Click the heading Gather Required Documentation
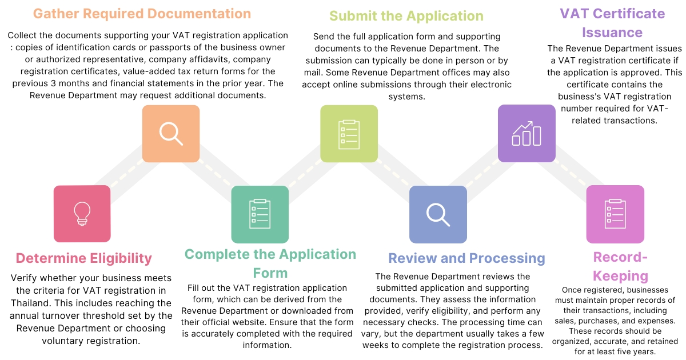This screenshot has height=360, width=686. pyautogui.click(x=142, y=14)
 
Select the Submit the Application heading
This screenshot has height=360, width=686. pyautogui.click(x=406, y=15)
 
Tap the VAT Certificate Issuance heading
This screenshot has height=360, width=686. pyautogui.click(x=612, y=23)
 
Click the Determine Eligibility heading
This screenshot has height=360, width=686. pyautogui.click(x=84, y=258)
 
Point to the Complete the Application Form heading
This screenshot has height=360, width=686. pyautogui.click(x=270, y=263)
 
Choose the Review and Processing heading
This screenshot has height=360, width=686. pyautogui.click(x=466, y=258)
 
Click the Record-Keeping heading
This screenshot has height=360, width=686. pyautogui.click(x=620, y=266)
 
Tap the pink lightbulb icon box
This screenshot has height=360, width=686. pyautogui.click(x=82, y=214)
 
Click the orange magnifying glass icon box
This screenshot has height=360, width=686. pyautogui.click(x=170, y=134)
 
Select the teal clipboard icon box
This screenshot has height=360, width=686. pyautogui.click(x=260, y=214)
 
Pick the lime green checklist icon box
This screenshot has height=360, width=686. pyautogui.click(x=349, y=134)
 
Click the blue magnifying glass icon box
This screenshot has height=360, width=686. pyautogui.click(x=438, y=214)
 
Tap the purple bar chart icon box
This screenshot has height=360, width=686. pyautogui.click(x=527, y=134)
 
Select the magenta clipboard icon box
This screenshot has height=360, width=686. pyautogui.click(x=615, y=214)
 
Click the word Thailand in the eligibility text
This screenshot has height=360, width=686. pyautogui.click(x=31, y=303)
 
